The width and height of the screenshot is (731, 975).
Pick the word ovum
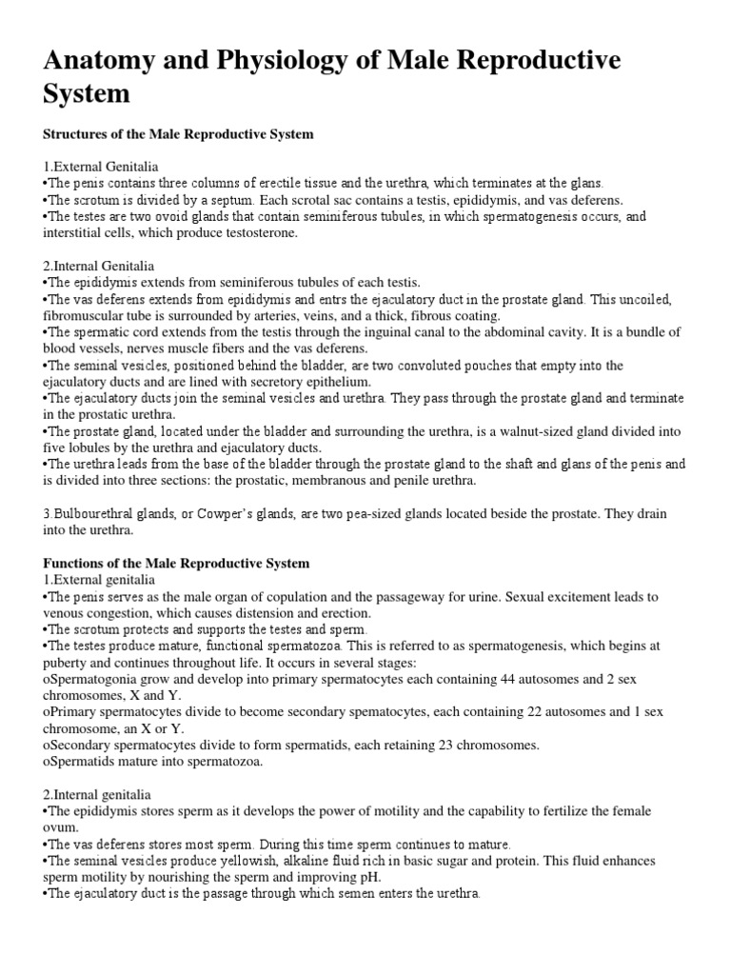(x=60, y=828)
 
